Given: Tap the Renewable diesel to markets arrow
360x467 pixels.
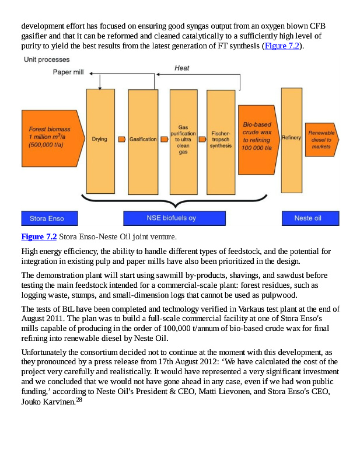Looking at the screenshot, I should (321, 140).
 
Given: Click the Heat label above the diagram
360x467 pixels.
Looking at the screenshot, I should (182, 68).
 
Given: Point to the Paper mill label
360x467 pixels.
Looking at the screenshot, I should (68, 72).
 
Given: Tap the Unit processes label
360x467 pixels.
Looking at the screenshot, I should (46, 60).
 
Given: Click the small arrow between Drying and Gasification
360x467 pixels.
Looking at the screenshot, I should (121, 140).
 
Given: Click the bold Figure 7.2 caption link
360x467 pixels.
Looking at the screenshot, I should (39, 237).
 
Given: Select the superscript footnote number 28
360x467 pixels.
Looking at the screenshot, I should (80, 399).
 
